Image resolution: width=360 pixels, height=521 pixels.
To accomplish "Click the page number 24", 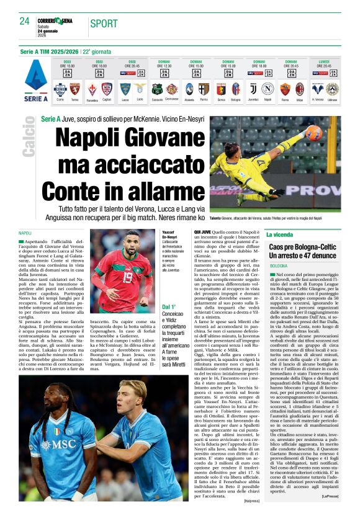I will [x=24, y=21].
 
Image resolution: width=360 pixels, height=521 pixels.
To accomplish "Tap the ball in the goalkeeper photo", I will [x=331, y=133].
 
